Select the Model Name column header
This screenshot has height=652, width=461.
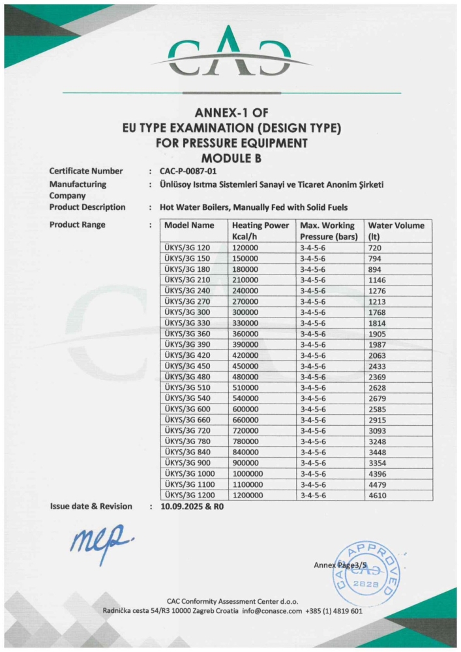pyautogui.click(x=189, y=226)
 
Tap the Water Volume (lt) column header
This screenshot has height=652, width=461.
pyautogui.click(x=396, y=231)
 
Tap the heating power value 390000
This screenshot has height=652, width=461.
pyautogui.click(x=246, y=345)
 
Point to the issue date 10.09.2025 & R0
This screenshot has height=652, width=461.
pyautogui.click(x=192, y=507)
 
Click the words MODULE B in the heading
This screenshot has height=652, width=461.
pyautogui.click(x=231, y=157)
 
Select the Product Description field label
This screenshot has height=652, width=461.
pyautogui.click(x=87, y=207)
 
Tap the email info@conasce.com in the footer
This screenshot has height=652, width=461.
pyautogui.click(x=272, y=611)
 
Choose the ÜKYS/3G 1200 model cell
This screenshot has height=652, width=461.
pyautogui.click(x=190, y=496)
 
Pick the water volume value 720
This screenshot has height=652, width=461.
pyautogui.click(x=375, y=248)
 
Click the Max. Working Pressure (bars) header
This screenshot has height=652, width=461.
pyautogui.click(x=329, y=231)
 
